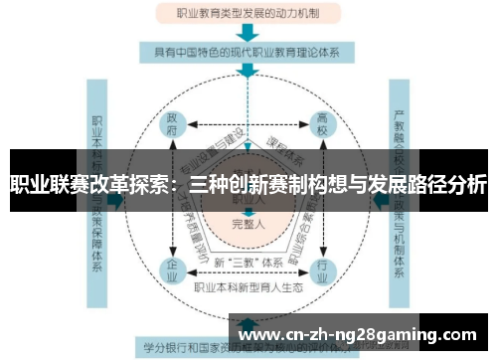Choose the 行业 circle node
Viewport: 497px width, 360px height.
(x=322, y=268)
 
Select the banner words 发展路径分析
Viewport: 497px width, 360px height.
(x=427, y=184)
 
